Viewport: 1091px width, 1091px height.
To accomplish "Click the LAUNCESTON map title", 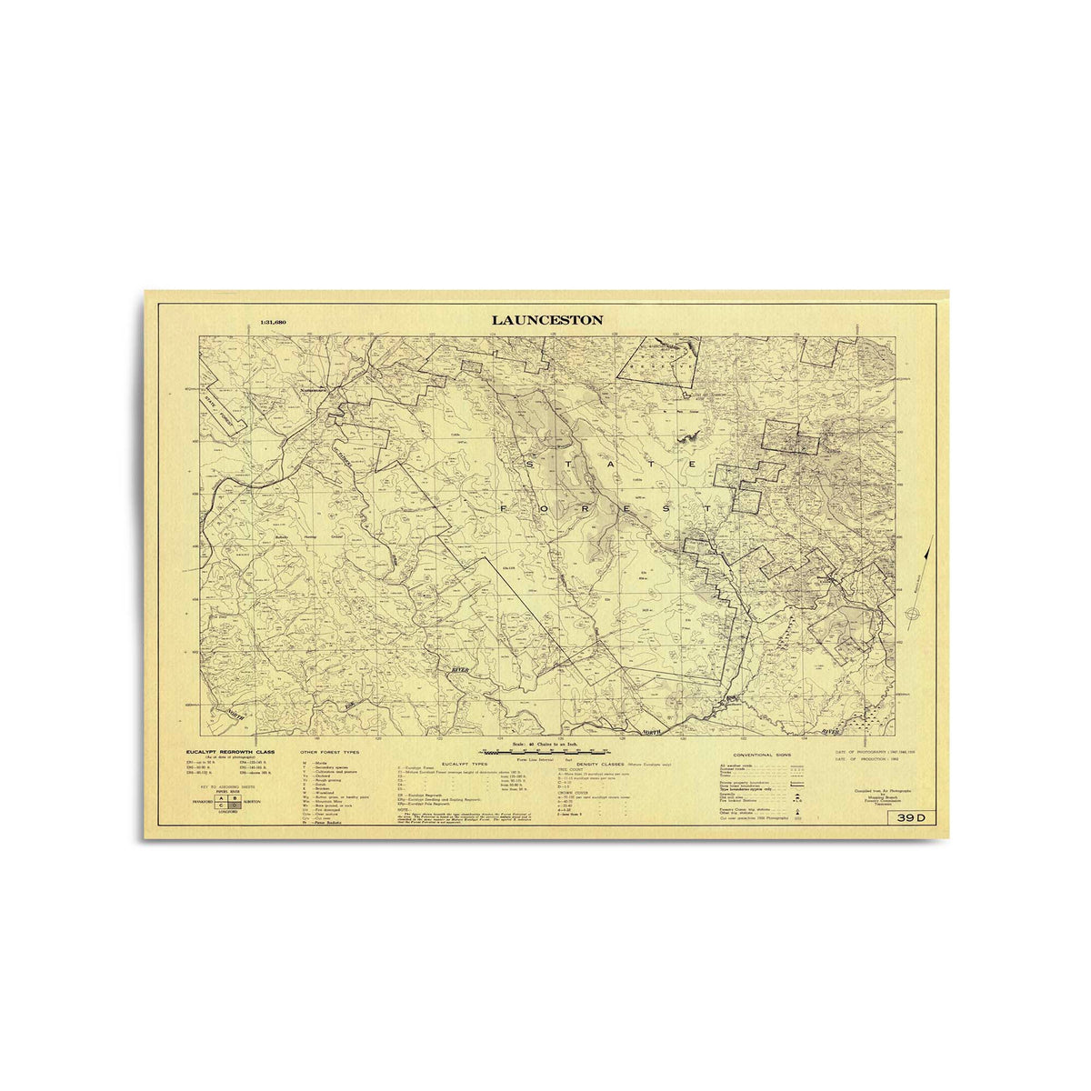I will pyautogui.click(x=547, y=320).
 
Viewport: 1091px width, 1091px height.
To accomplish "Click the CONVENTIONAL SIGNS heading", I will pyautogui.click(x=762, y=755).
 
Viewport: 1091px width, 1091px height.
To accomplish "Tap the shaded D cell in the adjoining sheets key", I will pyautogui.click(x=234, y=806).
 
